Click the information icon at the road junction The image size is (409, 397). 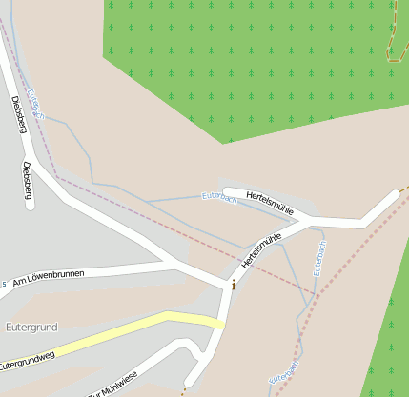click(x=234, y=284)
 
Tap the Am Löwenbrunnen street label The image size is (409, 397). click(x=49, y=277)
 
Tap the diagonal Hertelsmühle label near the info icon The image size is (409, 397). click(x=263, y=248)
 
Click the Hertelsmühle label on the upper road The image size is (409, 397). click(x=271, y=202)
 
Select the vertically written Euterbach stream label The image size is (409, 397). click(x=320, y=258)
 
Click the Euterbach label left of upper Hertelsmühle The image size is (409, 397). click(x=220, y=196)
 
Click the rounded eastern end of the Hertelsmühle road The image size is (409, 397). click(x=393, y=195)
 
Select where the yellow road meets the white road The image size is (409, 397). click(x=221, y=323)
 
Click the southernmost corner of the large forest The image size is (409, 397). click(x=223, y=143)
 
